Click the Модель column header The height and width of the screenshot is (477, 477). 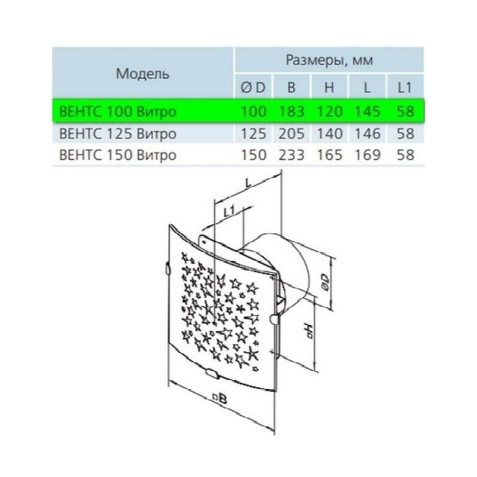click(142, 74)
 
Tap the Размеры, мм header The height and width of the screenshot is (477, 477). click(329, 60)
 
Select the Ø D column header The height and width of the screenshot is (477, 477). click(253, 88)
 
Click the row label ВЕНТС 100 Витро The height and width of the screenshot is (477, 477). click(118, 111)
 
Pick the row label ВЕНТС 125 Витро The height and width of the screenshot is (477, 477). click(118, 133)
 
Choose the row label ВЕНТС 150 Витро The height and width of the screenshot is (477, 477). click(118, 155)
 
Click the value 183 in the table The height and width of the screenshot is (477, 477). click(291, 111)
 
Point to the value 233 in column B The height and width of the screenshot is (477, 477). click(291, 155)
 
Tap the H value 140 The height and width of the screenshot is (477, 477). click(329, 133)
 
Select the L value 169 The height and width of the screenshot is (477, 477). click(367, 155)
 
